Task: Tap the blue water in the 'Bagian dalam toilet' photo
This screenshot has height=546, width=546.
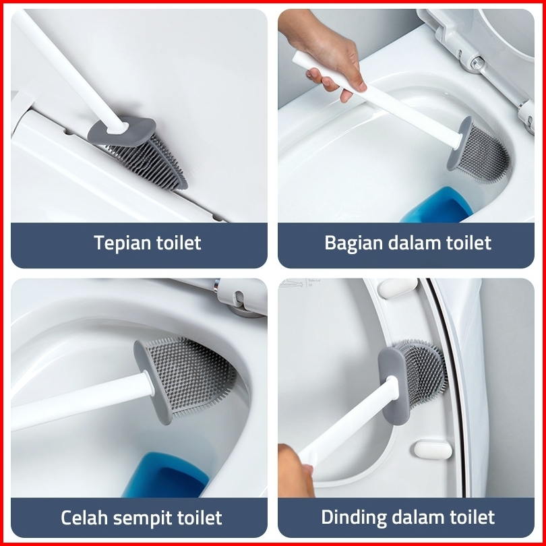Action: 437,206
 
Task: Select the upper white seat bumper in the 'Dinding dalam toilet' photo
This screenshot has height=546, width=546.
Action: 397,288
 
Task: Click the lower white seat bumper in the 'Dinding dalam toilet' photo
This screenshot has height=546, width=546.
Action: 433,450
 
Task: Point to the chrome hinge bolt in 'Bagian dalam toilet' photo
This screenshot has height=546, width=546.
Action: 477,63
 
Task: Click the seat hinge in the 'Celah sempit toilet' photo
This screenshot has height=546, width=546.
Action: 240,298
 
